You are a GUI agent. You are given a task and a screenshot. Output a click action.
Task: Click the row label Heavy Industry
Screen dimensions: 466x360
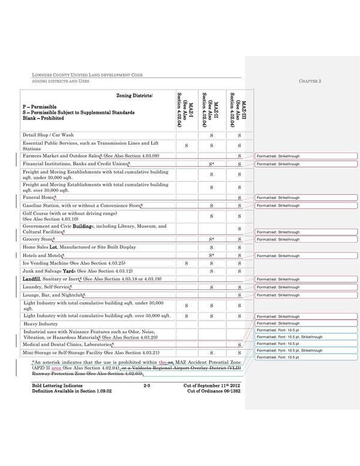click(x=40, y=323)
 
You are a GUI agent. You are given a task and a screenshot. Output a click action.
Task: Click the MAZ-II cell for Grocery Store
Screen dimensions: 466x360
click(x=212, y=238)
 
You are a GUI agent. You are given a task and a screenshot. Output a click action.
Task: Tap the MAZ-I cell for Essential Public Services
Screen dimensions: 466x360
click(x=187, y=146)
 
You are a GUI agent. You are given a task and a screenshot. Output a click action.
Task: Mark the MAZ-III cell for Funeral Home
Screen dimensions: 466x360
click(x=239, y=198)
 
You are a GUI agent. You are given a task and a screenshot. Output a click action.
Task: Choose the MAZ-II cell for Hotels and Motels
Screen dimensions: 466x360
click(x=212, y=255)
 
